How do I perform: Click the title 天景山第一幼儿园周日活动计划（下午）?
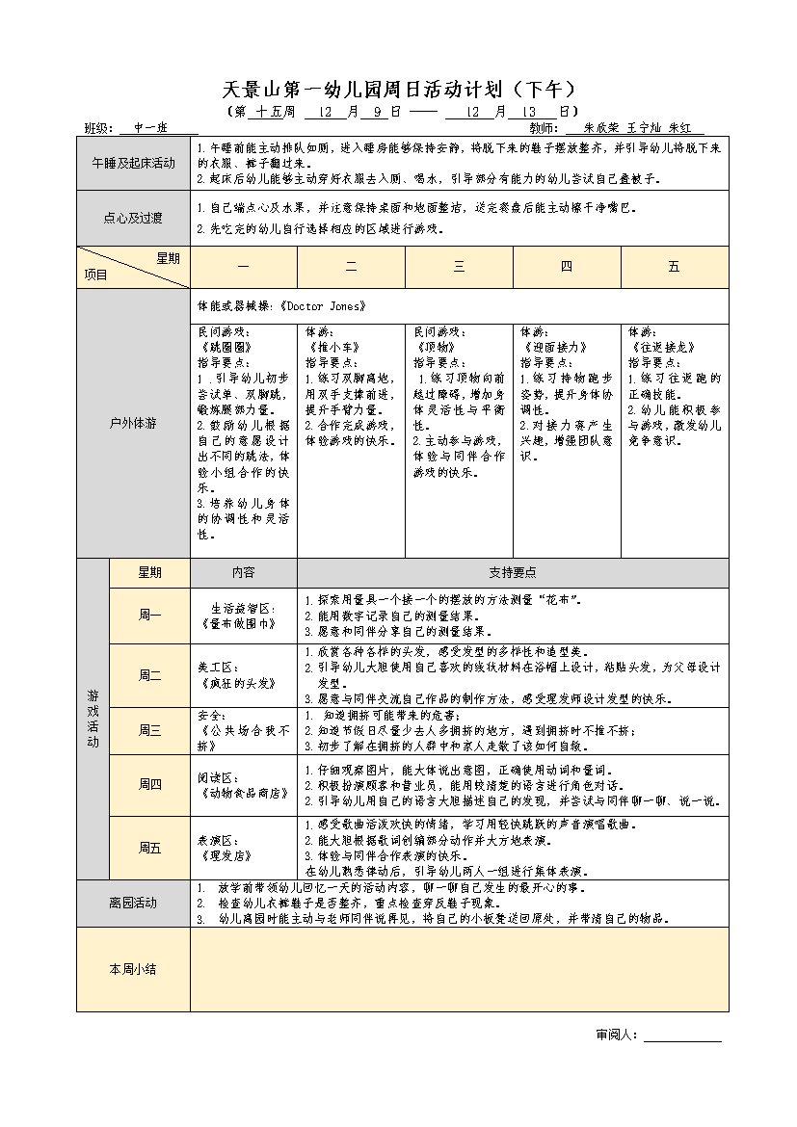(399, 91)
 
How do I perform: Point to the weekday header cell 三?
(459, 267)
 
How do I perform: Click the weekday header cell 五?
(674, 267)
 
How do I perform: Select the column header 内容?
(243, 572)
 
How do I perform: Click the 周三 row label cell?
(149, 731)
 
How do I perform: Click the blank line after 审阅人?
(682, 1035)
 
